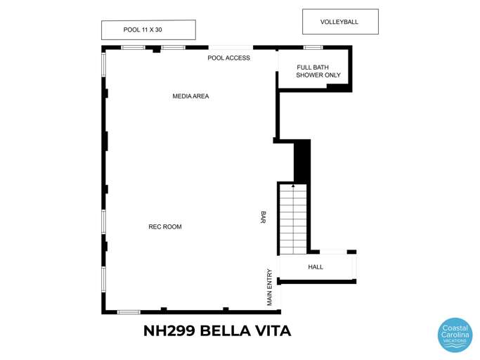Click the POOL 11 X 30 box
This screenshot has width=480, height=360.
148,30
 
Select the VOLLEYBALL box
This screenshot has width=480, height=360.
340,22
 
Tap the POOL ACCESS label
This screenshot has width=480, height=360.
228,58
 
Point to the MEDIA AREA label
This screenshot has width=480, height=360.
190,96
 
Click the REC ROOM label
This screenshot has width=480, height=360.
165,226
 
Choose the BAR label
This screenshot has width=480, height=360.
263,218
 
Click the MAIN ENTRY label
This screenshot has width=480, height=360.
269,287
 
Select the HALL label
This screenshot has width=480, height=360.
316,267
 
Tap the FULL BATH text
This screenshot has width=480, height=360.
313,67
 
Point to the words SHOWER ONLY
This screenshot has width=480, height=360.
318,75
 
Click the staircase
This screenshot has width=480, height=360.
293,219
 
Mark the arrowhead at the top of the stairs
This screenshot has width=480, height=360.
293,186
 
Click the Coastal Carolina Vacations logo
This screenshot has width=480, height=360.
455,335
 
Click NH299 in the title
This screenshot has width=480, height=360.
169,330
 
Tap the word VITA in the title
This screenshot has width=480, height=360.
274,330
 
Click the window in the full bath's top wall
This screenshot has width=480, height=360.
313,47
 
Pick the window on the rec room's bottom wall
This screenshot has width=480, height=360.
129,311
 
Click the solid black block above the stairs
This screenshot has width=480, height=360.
301,161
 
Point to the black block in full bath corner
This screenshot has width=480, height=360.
338,87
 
